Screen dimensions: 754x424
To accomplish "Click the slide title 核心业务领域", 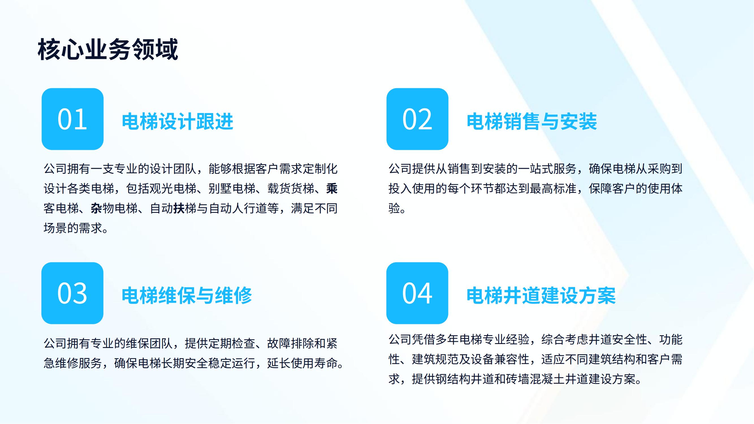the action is (108, 49).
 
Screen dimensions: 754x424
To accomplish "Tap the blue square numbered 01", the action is (73, 119).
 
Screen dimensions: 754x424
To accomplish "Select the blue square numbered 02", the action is (417, 119).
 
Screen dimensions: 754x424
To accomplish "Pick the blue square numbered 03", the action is (72, 293).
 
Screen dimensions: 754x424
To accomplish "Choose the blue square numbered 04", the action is (417, 293).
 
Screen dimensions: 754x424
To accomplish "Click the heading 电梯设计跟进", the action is (177, 121).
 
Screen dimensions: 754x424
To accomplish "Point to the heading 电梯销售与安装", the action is (532, 121).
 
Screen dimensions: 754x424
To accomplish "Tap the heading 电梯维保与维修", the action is (187, 295).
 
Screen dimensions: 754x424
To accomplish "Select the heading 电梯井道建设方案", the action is (541, 295).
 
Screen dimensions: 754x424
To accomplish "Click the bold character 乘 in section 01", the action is (332, 189).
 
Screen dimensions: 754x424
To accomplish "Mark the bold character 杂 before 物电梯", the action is (96, 208).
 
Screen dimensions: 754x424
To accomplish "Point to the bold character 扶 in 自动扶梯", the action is (179, 208).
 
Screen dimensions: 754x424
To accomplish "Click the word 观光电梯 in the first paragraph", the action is (173, 189).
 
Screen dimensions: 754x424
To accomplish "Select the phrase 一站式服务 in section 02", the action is (547, 169).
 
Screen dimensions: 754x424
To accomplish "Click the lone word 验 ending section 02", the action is (394, 208).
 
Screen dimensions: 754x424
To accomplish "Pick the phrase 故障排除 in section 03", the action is (290, 343).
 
